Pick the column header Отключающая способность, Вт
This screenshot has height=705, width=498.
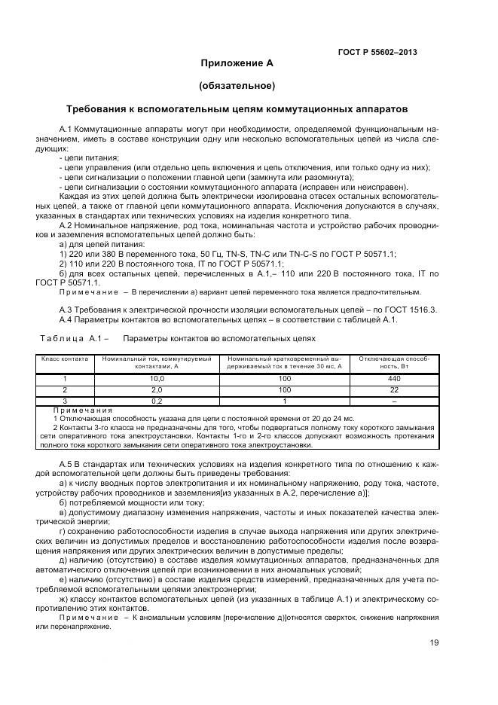[x=393, y=362]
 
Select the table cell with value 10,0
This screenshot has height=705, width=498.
[x=157, y=378]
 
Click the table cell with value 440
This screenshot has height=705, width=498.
[x=393, y=378]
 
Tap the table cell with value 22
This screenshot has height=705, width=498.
[x=393, y=389]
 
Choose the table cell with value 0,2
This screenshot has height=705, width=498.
[x=157, y=401]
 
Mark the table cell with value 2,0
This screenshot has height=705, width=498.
[x=157, y=389]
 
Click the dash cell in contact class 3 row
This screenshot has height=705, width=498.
[x=393, y=401]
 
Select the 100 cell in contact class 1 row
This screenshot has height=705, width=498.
[x=285, y=378]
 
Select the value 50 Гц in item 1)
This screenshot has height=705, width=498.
[x=190, y=254]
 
